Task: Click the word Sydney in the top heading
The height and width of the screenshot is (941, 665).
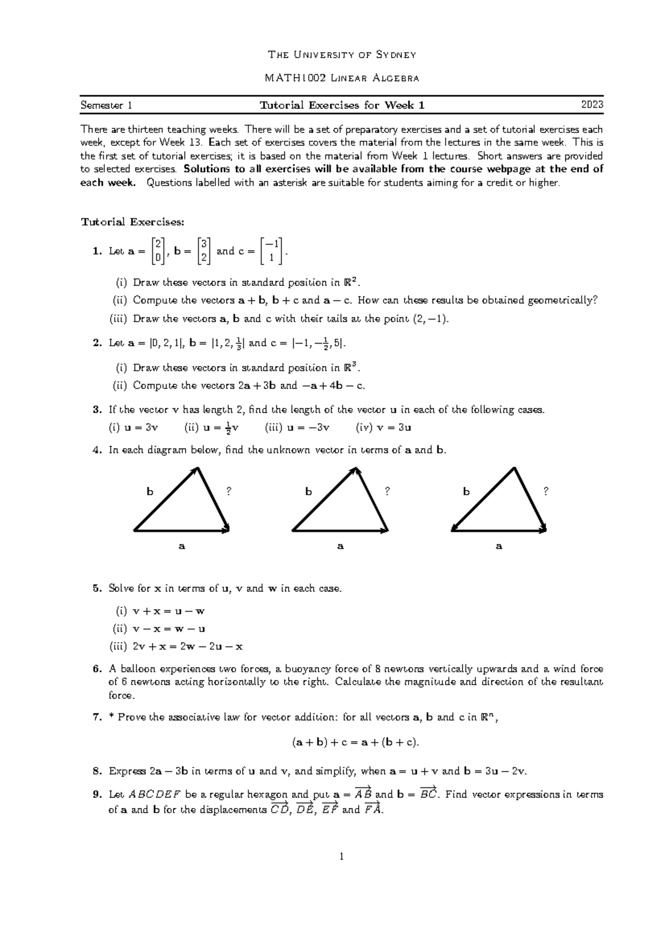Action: pyautogui.click(x=396, y=55)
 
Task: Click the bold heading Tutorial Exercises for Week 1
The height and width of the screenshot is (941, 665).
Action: pyautogui.click(x=342, y=105)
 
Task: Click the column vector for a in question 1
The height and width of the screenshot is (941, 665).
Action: pyautogui.click(x=158, y=251)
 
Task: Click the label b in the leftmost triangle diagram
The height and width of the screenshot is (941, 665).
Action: pyautogui.click(x=149, y=491)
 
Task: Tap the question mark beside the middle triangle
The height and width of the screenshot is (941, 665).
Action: pyautogui.click(x=387, y=491)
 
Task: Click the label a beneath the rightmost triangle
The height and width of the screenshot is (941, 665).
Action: pyautogui.click(x=499, y=546)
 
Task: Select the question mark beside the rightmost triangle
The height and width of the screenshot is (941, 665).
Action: pyautogui.click(x=546, y=491)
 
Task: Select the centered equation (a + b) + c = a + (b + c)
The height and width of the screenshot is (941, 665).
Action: pyautogui.click(x=356, y=743)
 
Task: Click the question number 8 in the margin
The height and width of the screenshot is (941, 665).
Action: pyautogui.click(x=96, y=771)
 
